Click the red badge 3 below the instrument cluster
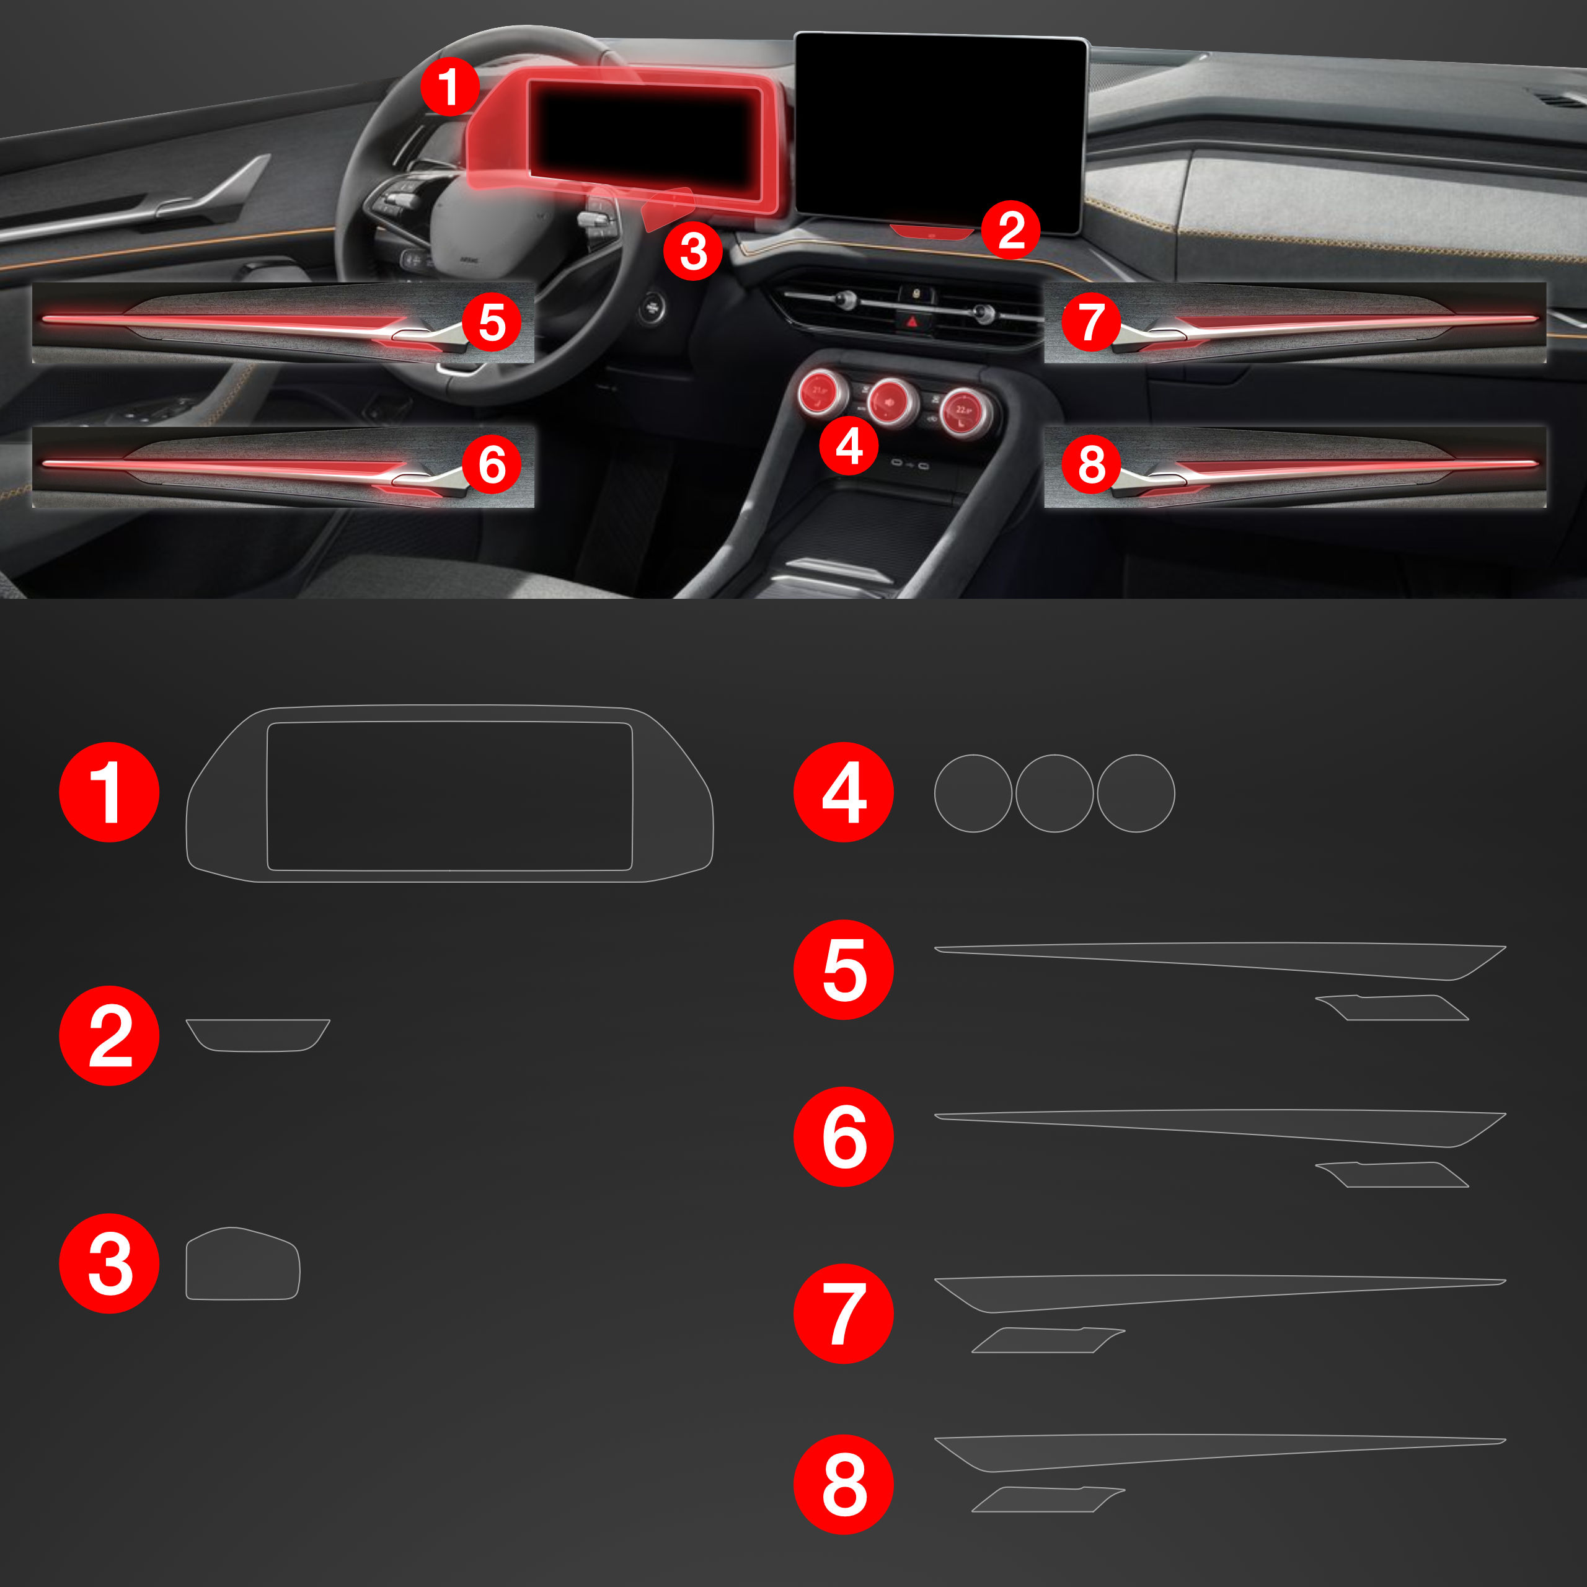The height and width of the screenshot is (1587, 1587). coord(693,250)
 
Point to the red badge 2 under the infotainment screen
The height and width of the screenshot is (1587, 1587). coord(1011,230)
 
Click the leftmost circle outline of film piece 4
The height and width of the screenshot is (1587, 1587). coord(973,793)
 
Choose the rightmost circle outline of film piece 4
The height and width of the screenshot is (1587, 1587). coord(1136,793)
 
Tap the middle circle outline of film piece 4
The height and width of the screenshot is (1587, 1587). coord(1054,793)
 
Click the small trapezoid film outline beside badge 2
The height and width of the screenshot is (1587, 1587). coord(258,1035)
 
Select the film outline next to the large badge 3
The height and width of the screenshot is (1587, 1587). coord(242,1263)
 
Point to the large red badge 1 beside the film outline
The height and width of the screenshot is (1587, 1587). coord(109,793)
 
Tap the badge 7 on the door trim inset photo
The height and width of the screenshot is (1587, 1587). coord(1091,322)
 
